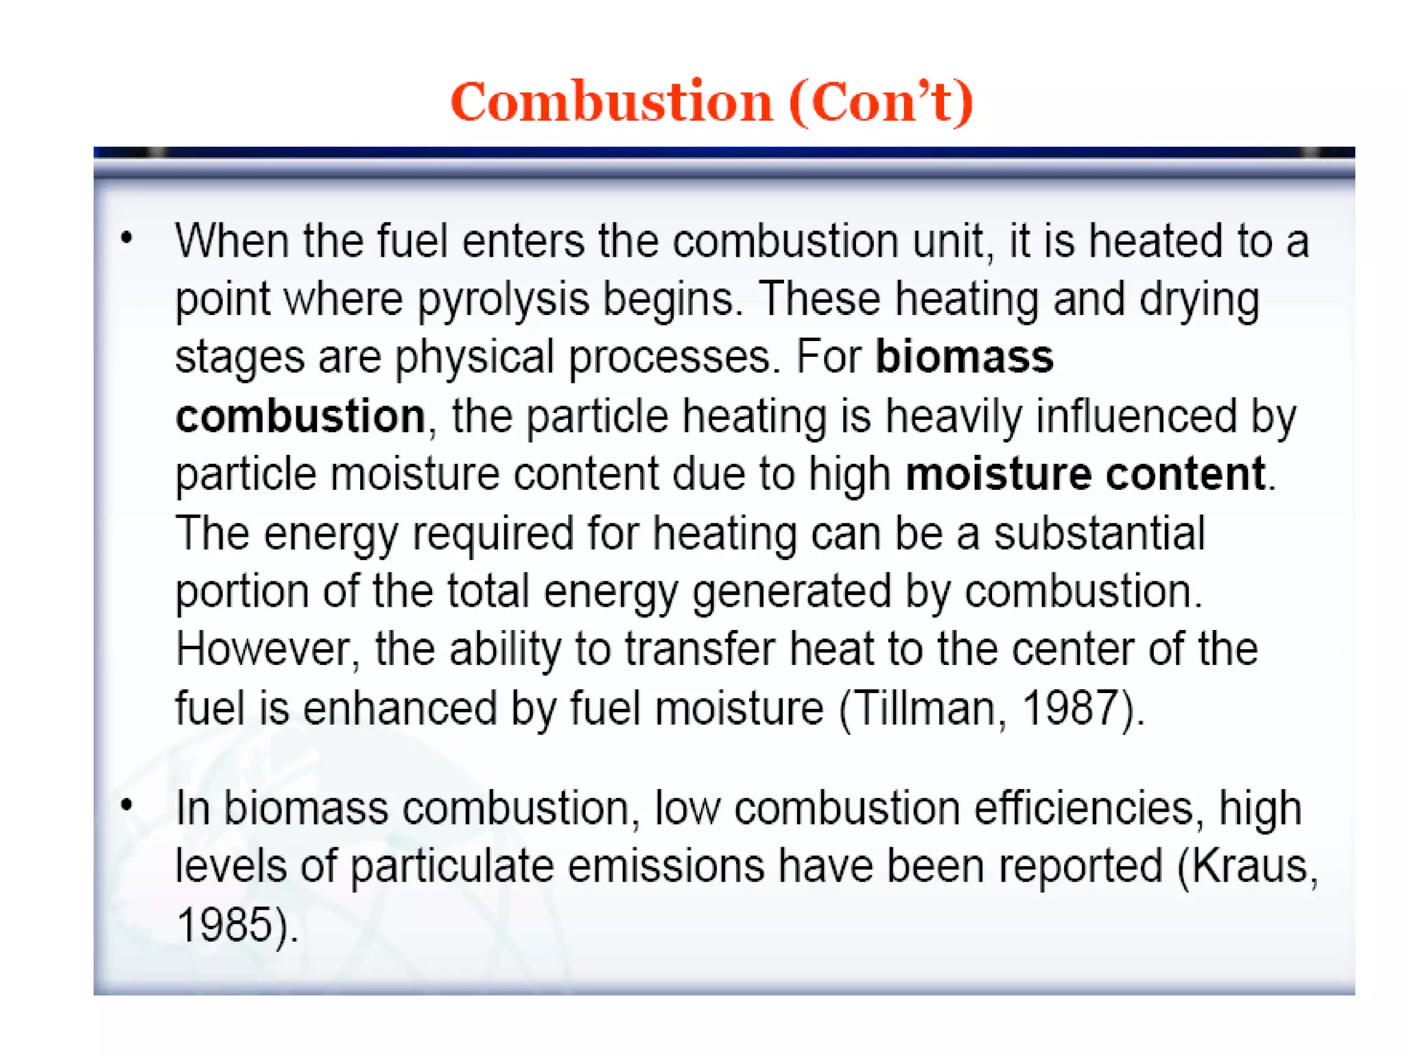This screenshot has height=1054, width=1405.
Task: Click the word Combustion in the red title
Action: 611,102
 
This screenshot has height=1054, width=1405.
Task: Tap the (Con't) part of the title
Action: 881,102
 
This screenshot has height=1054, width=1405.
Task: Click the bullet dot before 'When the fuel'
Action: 126,238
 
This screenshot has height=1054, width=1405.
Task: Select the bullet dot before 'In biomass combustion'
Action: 126,804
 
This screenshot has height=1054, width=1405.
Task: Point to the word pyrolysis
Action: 504,300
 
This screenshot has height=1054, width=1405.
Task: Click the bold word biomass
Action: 964,358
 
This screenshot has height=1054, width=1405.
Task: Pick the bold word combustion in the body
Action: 300,416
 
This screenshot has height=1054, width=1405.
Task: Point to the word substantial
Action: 1099,533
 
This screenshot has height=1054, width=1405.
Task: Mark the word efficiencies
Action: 1084,808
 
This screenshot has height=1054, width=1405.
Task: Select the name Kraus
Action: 1250,866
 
